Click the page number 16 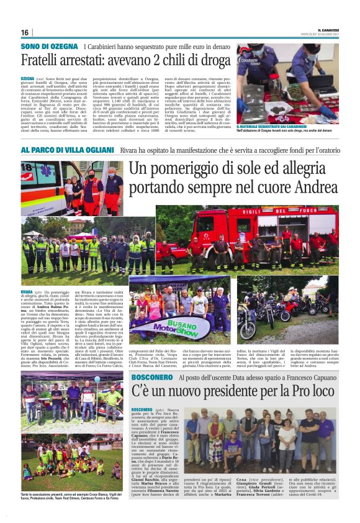click(x=25, y=32)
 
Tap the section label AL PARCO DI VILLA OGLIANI click(x=66, y=150)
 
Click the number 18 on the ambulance click(x=26, y=168)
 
